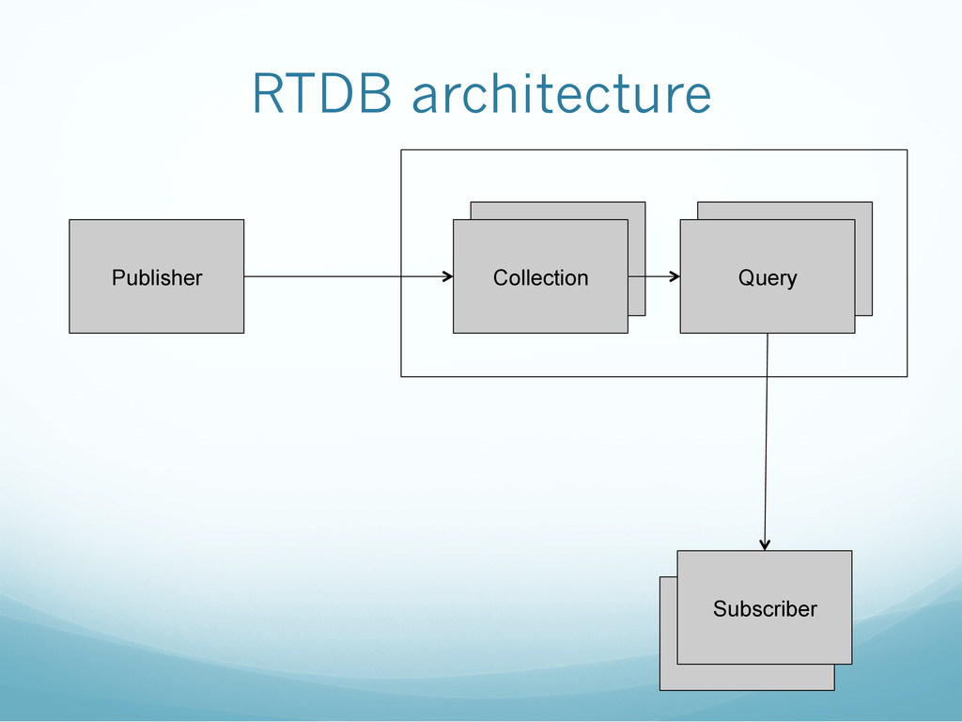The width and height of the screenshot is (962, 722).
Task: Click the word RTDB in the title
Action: coord(322,94)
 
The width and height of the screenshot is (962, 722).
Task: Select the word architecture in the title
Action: coord(562,93)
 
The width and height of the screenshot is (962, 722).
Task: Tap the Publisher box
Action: coord(157,276)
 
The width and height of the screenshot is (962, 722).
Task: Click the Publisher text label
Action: coord(157,277)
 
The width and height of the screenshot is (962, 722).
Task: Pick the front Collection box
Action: coord(540,276)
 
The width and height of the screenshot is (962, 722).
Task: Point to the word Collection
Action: coord(540,277)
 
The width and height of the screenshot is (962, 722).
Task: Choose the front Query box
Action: coord(768,276)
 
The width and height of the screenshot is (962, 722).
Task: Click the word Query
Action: coord(768,278)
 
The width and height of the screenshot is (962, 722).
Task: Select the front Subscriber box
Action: coord(765,607)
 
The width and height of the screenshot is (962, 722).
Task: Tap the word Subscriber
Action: coord(765,608)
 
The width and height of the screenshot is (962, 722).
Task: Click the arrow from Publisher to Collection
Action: coord(349,276)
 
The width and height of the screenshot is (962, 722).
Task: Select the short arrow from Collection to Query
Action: coord(654,276)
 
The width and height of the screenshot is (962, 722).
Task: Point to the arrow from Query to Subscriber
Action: coord(767,442)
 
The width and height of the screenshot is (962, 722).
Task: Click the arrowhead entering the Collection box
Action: coord(448,276)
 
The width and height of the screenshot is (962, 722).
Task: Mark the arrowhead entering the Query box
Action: coord(675,276)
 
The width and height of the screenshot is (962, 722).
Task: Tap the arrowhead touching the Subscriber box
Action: coord(765,545)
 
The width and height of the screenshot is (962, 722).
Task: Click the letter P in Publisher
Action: coord(118,277)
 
